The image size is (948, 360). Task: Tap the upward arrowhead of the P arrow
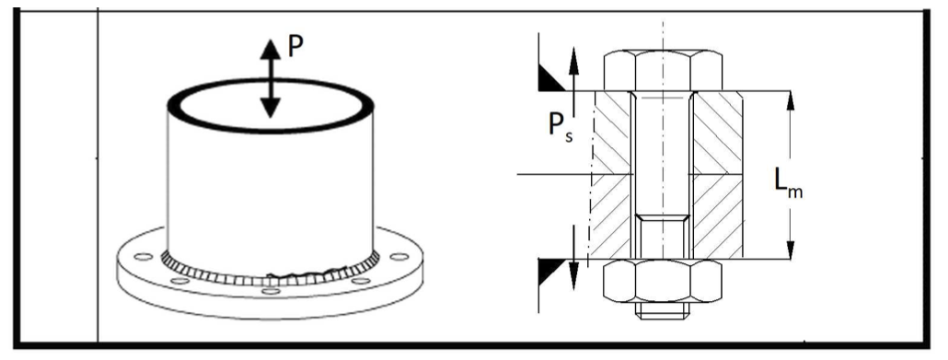click(271, 49)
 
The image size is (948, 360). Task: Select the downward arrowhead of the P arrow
click(271, 108)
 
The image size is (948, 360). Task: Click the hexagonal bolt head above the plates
click(663, 70)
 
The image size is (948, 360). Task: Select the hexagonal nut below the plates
click(663, 281)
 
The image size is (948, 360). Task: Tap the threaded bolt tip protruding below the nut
click(663, 309)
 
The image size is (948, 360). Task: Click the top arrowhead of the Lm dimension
click(791, 103)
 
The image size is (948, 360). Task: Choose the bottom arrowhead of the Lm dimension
click(791, 249)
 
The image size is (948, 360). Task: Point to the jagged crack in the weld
click(302, 274)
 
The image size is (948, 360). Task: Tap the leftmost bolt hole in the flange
click(144, 257)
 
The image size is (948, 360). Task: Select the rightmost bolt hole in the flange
click(399, 257)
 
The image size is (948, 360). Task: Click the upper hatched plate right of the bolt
click(718, 134)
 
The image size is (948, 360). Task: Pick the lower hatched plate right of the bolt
click(718, 217)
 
